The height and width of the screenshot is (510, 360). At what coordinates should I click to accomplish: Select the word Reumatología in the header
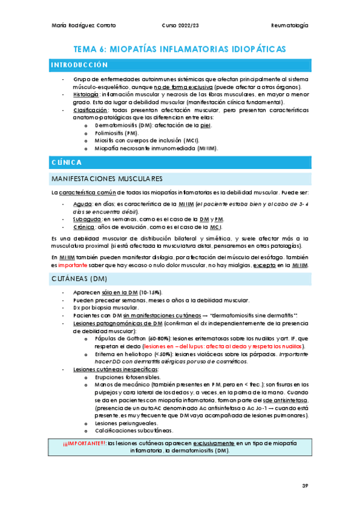[x=290, y=26]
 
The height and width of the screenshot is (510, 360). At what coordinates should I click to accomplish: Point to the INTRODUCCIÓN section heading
[x=79, y=65]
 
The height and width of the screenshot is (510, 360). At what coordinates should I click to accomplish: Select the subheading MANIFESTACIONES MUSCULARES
[x=108, y=179]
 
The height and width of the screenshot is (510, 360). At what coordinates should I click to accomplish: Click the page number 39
[x=305, y=485]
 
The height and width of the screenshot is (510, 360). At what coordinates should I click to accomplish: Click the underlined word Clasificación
[x=91, y=111]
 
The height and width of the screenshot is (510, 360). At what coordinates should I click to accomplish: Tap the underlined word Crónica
[x=85, y=227]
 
